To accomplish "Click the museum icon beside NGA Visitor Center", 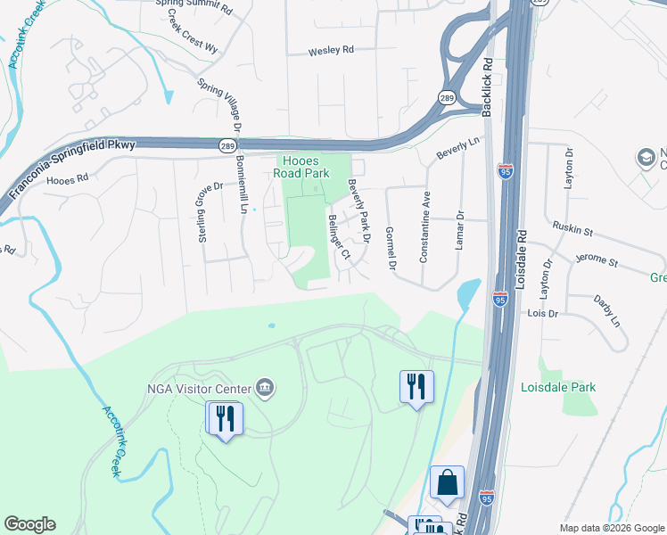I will pos(265,387).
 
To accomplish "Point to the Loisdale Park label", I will pos(558,387).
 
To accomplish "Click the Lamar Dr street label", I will pos(461,229).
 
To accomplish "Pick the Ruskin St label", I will pos(572,229).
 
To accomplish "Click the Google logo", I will pos(29,524).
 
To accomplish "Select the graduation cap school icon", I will pos(645,159).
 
